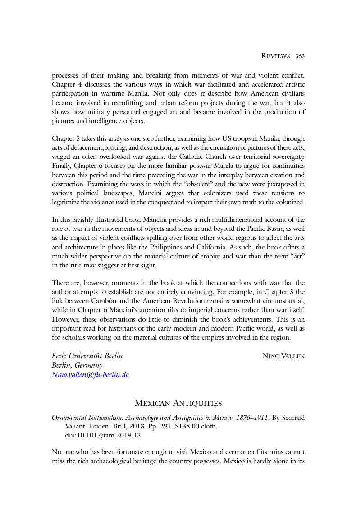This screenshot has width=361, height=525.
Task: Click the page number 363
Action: (300, 56)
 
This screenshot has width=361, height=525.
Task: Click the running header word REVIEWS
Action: (275, 56)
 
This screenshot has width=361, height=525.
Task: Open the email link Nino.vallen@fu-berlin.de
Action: (90, 374)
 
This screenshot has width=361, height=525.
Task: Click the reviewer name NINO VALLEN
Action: (283, 356)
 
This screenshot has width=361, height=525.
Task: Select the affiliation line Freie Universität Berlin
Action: (87, 355)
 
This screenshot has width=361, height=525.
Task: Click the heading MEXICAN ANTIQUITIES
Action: (178, 403)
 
